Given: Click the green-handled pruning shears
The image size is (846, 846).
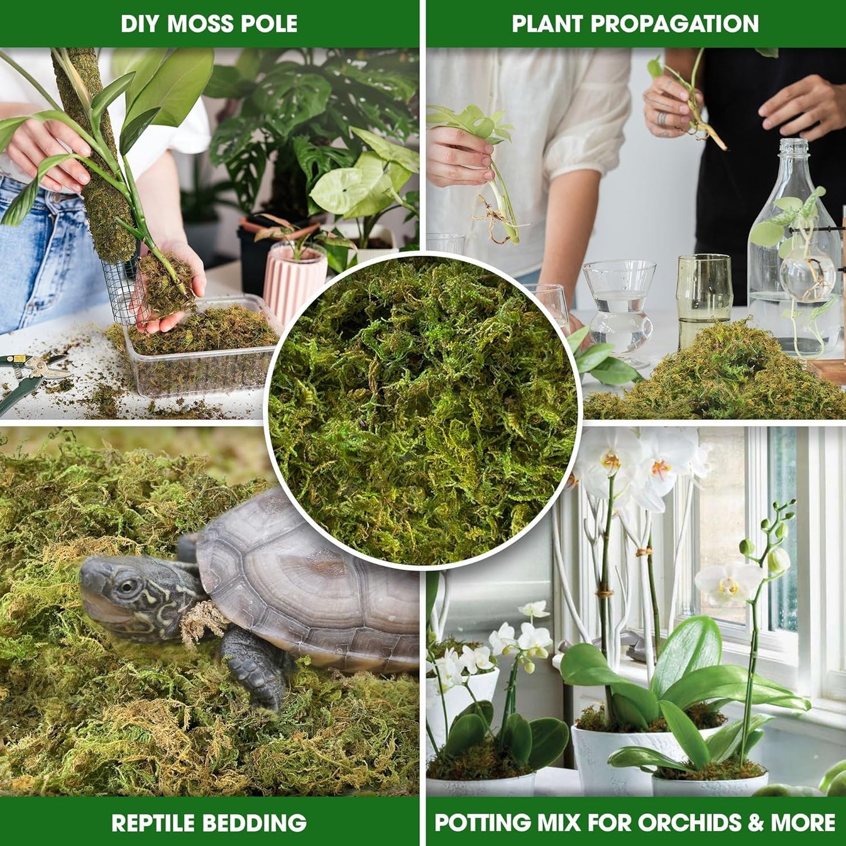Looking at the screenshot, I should [x=29, y=375].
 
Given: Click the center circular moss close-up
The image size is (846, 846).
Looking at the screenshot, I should [x=423, y=410].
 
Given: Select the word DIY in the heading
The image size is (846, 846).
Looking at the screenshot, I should [x=141, y=24].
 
